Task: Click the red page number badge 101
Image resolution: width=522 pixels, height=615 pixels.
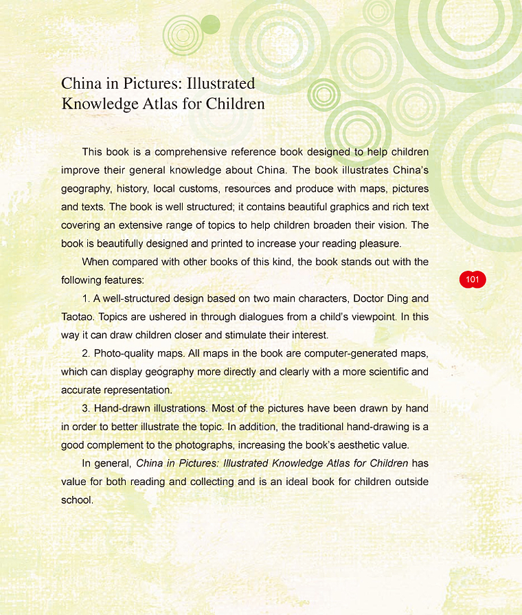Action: tap(472, 280)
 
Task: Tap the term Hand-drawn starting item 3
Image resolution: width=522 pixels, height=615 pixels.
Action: tap(123, 408)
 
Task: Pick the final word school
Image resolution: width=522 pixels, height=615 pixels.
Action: tap(76, 500)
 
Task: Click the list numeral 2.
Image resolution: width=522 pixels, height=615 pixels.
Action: tap(85, 353)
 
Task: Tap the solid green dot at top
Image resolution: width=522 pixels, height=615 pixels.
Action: tap(210, 25)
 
